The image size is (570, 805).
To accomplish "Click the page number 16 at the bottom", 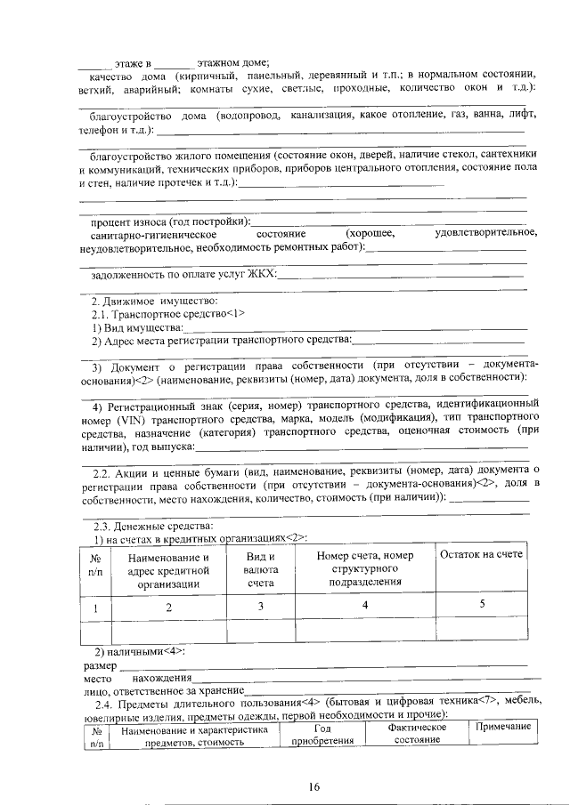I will (x=313, y=785).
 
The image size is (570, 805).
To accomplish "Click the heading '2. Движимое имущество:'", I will (x=149, y=301).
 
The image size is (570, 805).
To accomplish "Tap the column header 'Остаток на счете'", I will (x=482, y=554).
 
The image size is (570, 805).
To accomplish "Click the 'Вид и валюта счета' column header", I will (x=261, y=569).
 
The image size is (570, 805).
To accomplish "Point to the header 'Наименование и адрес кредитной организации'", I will (x=168, y=569).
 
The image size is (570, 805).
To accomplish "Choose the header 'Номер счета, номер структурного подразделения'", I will (x=365, y=568).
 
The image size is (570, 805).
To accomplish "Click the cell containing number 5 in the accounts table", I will (x=482, y=605).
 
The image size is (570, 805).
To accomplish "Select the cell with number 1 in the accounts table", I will (x=95, y=607).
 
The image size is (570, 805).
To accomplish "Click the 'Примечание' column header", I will (x=503, y=727).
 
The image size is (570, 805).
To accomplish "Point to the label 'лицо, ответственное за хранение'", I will (x=162, y=690).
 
